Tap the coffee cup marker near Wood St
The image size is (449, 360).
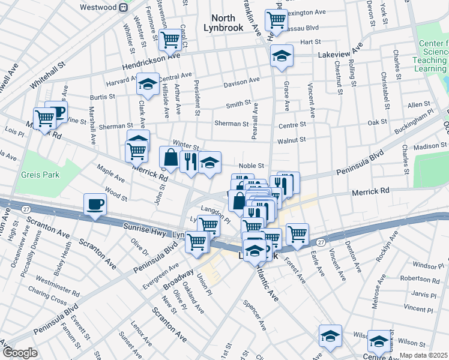tap(95, 204)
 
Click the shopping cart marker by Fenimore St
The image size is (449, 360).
tap(170, 40)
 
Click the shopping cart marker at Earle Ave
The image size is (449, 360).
tap(297, 233)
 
